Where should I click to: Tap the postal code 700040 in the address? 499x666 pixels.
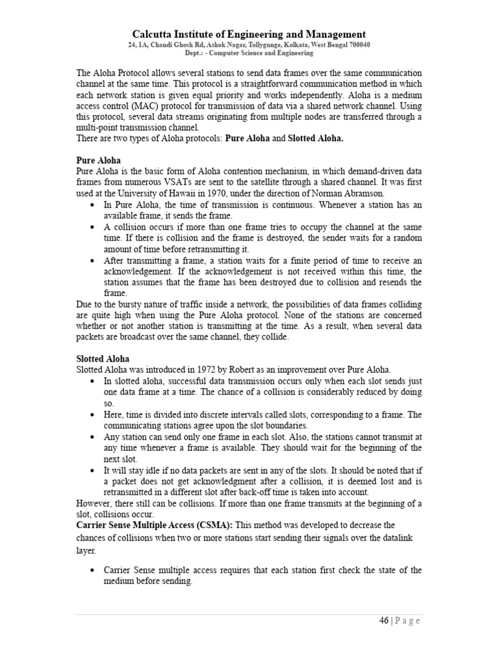[356, 45]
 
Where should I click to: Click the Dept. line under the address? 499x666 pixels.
[249, 53]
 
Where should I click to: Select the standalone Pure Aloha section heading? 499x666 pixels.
[98, 160]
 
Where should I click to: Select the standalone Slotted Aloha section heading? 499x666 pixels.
[103, 358]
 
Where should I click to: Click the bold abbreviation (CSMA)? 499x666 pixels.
[211, 524]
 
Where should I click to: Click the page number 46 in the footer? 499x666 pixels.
[384, 620]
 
